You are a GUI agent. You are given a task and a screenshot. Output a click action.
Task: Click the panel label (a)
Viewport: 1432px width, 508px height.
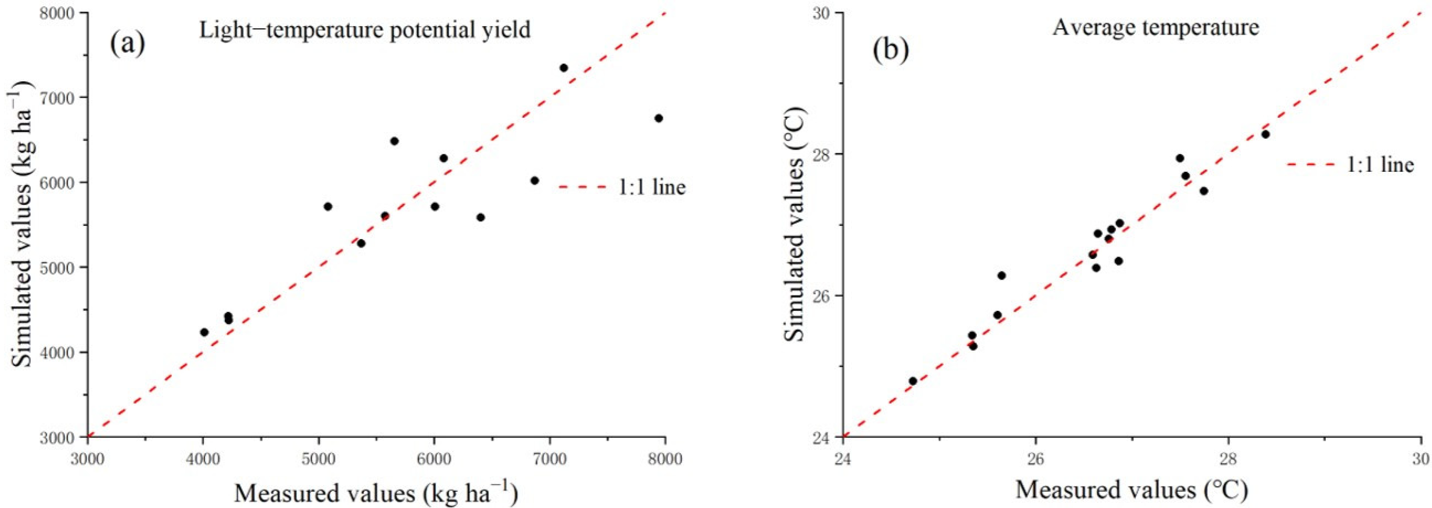click(127, 44)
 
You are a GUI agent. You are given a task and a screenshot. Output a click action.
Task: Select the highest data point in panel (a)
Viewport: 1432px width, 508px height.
click(563, 68)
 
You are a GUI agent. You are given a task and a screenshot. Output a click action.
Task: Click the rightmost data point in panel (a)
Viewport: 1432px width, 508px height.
click(659, 118)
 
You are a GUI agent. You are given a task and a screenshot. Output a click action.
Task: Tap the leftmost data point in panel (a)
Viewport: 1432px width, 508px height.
click(204, 332)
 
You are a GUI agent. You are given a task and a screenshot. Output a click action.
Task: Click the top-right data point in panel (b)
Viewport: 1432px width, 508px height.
click(1265, 134)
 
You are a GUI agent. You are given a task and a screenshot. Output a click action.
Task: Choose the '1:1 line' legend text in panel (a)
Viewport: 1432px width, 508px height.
click(652, 187)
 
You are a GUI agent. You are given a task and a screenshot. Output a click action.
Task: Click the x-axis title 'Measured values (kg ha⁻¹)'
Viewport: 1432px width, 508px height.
click(376, 493)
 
